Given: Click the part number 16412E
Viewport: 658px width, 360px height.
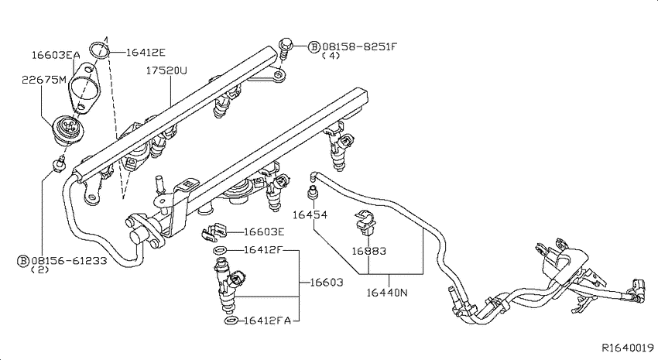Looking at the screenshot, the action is click(x=146, y=53).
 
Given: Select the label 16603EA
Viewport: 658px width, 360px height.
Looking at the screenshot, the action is click(x=56, y=55).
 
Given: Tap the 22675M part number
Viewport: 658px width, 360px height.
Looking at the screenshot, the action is click(x=44, y=79).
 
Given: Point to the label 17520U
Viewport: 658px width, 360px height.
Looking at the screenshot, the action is click(x=166, y=70).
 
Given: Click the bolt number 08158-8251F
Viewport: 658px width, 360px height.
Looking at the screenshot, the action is click(x=359, y=46).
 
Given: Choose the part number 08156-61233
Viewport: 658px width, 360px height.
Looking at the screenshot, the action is click(x=69, y=261).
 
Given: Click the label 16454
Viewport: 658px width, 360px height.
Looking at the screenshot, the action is click(x=310, y=214).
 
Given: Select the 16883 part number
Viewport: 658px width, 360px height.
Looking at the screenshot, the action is click(x=368, y=251).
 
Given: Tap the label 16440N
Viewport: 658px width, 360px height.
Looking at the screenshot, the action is click(x=387, y=292).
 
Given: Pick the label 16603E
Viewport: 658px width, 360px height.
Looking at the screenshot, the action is click(x=265, y=231).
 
